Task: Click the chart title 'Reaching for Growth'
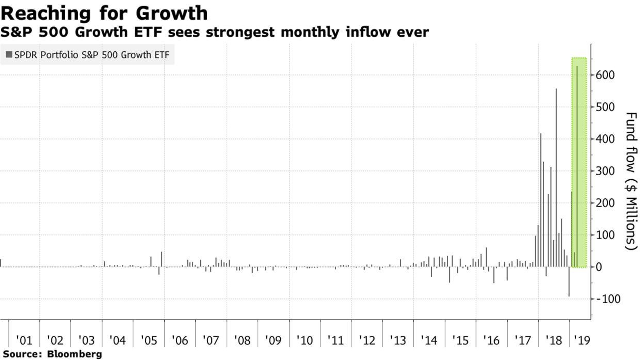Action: pos(104,12)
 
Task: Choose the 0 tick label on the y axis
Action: pos(598,267)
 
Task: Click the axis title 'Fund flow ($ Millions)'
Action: pos(631,181)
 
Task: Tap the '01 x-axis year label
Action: pos(24,341)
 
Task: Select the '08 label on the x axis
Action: pos(242,341)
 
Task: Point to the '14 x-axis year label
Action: pos(429,341)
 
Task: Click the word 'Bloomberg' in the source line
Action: pos(74,354)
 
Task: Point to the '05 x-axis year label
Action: pos(149,341)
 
